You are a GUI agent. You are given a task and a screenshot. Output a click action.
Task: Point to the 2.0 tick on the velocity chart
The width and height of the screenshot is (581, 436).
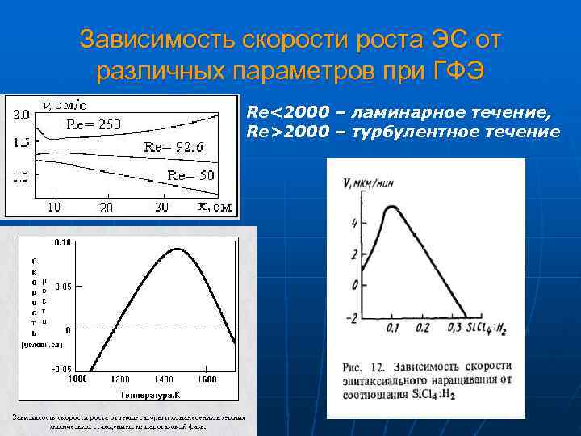click(x=20, y=114)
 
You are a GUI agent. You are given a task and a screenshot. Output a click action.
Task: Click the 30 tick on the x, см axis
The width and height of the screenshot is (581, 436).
click(x=162, y=208)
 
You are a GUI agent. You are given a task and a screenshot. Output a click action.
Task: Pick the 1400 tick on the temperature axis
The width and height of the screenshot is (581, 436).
click(x=165, y=379)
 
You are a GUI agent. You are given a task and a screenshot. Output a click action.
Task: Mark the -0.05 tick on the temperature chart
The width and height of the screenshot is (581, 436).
click(x=62, y=368)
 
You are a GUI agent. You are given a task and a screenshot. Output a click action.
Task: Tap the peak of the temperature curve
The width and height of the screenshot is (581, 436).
click(x=178, y=249)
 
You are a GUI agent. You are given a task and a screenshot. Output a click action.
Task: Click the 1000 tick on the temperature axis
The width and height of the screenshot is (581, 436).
click(x=77, y=379)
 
